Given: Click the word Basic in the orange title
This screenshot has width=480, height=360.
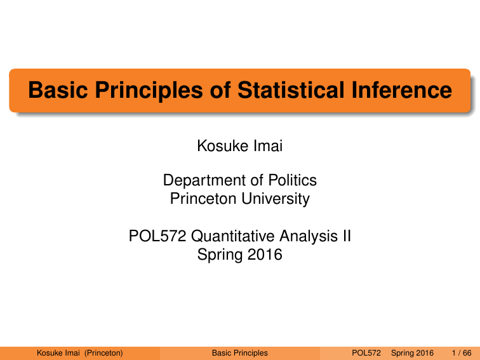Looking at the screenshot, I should click(58, 90).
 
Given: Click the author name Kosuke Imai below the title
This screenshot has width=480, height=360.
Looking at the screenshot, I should click(239, 147).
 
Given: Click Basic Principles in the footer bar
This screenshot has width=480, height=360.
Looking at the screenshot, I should click(239, 352).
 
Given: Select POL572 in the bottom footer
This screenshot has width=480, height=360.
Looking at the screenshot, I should click(366, 352).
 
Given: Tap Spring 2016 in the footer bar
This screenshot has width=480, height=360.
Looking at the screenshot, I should click(413, 352).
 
